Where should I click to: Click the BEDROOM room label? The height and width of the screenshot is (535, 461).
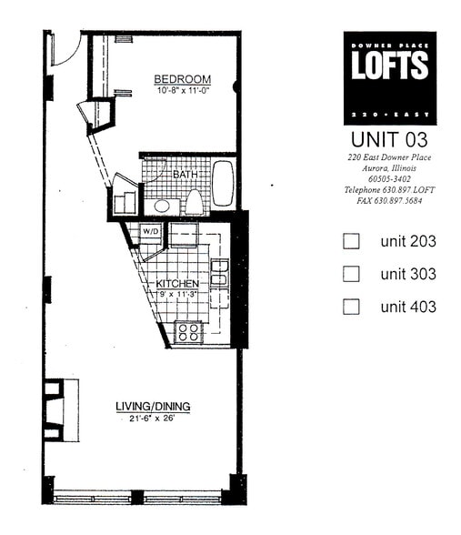[x=182, y=79]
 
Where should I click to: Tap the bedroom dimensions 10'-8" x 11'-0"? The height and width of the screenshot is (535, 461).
[x=182, y=91]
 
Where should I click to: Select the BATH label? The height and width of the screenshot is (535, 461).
[x=185, y=173]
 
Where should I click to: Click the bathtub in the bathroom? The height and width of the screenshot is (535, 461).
[x=223, y=185]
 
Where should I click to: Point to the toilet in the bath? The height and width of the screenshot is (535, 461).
[x=194, y=202]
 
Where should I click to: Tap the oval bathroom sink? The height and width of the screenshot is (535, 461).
[x=163, y=206]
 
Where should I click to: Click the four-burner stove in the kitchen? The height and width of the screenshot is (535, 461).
[x=188, y=332]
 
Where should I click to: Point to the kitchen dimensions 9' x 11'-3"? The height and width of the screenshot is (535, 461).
[x=178, y=295]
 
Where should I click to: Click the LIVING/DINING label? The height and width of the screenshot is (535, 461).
[x=144, y=406]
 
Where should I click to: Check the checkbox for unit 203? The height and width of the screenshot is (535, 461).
[x=351, y=242]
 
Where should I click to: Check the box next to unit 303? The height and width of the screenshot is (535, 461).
[x=351, y=274]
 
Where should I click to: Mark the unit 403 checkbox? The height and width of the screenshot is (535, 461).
[x=351, y=307]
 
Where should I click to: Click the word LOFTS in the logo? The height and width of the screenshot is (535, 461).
[x=389, y=66]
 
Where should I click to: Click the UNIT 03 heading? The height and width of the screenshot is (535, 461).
[x=388, y=140]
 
